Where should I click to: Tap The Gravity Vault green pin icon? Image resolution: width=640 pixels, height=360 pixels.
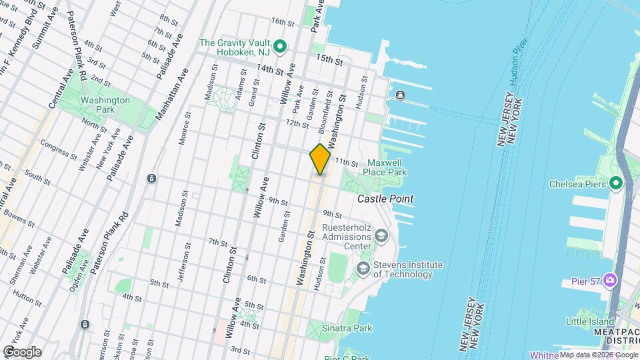click(x=281, y=46)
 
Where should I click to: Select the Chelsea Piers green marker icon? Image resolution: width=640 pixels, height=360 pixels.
click(x=615, y=182)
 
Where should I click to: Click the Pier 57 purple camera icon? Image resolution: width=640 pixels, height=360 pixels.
click(x=609, y=279)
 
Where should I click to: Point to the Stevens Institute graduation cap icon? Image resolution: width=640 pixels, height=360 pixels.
click(x=363, y=268)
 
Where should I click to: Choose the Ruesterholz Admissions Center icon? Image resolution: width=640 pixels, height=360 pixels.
click(x=381, y=235)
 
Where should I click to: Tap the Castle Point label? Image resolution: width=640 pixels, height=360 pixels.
click(x=385, y=199)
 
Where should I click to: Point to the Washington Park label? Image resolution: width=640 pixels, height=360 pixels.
click(x=105, y=105)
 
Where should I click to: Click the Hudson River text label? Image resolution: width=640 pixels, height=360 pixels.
click(x=516, y=67)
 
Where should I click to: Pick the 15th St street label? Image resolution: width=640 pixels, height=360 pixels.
click(x=329, y=61)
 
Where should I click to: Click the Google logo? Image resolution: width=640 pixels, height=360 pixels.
click(x=22, y=351)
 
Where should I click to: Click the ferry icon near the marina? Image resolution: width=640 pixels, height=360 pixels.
click(x=399, y=94)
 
